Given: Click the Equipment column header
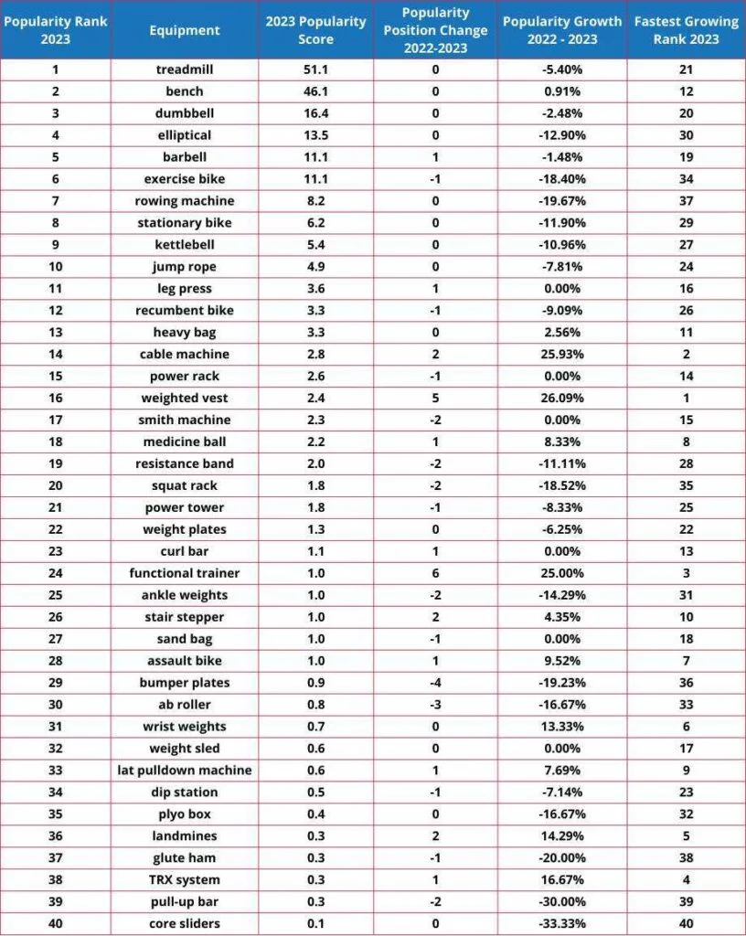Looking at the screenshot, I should point(185,30).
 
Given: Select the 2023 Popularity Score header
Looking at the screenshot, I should point(315,30).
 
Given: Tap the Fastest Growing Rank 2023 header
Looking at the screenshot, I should point(686,30).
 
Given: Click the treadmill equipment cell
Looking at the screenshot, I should point(185,69).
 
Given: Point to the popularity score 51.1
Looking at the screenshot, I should point(315,69).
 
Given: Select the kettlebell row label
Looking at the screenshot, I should point(185,245).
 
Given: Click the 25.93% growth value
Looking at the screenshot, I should point(562,354).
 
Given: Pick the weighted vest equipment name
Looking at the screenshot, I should point(185,398).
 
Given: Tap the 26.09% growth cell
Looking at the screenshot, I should point(562,398).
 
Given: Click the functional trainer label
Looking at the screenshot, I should point(185,573).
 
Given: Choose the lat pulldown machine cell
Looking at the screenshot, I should point(185,770).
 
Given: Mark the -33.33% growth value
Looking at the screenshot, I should point(562,923).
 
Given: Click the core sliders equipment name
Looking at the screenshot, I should point(185,923).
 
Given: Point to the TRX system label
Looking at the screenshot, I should point(185,879).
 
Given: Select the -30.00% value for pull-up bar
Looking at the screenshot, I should point(562,901).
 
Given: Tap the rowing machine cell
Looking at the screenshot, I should point(185,201).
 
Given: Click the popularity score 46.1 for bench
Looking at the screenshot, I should point(315,91).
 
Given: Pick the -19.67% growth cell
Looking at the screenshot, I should point(562,201).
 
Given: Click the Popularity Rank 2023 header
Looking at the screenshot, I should point(56,30).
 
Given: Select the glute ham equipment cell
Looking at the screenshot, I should point(185,857).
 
